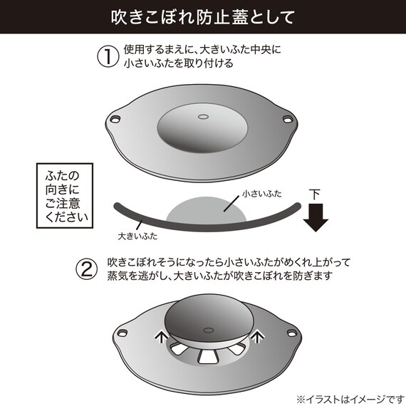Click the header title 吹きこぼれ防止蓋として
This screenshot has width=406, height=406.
202,16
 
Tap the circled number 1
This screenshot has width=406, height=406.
107,56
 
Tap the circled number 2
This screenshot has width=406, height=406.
87,268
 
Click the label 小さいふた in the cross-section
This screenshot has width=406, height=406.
243,193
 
